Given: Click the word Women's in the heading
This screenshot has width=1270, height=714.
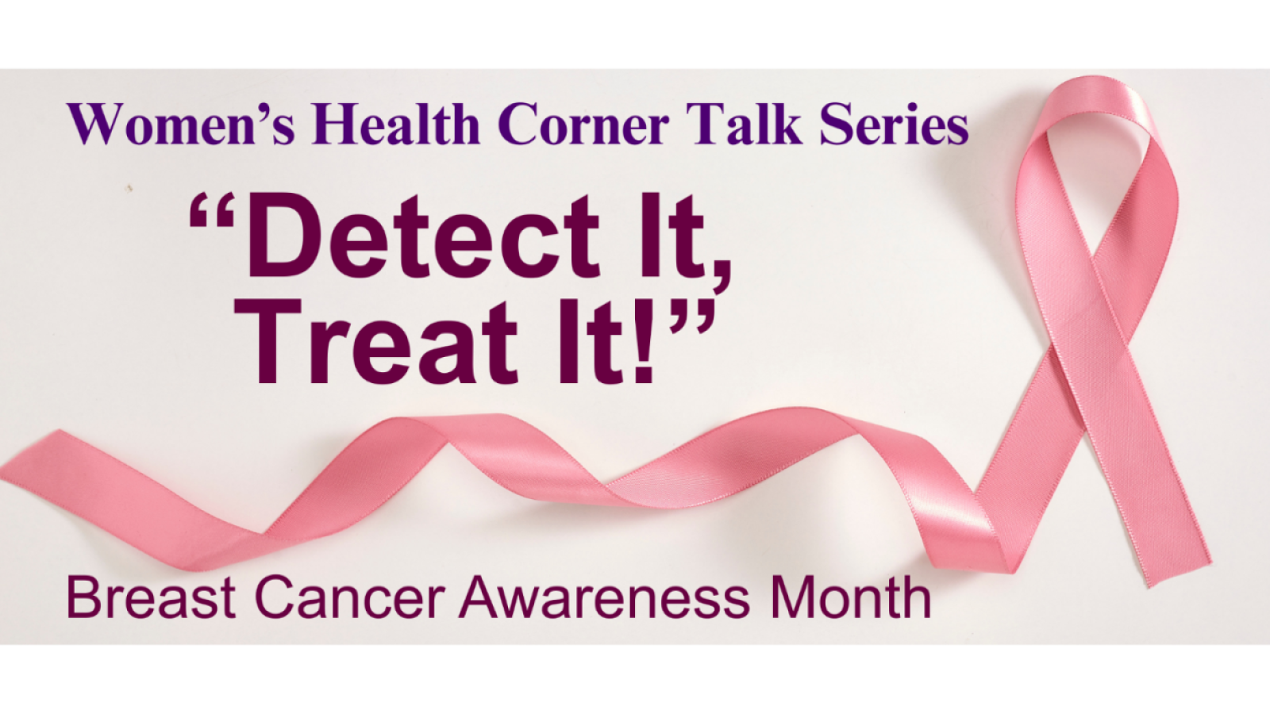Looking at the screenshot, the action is pyautogui.click(x=181, y=124).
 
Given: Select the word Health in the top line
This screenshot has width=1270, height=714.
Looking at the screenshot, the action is pyautogui.click(x=396, y=123).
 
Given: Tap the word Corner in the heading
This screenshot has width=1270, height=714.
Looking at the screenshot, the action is pyautogui.click(x=583, y=124).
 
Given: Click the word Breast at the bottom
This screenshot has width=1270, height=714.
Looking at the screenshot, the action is pyautogui.click(x=151, y=598).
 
